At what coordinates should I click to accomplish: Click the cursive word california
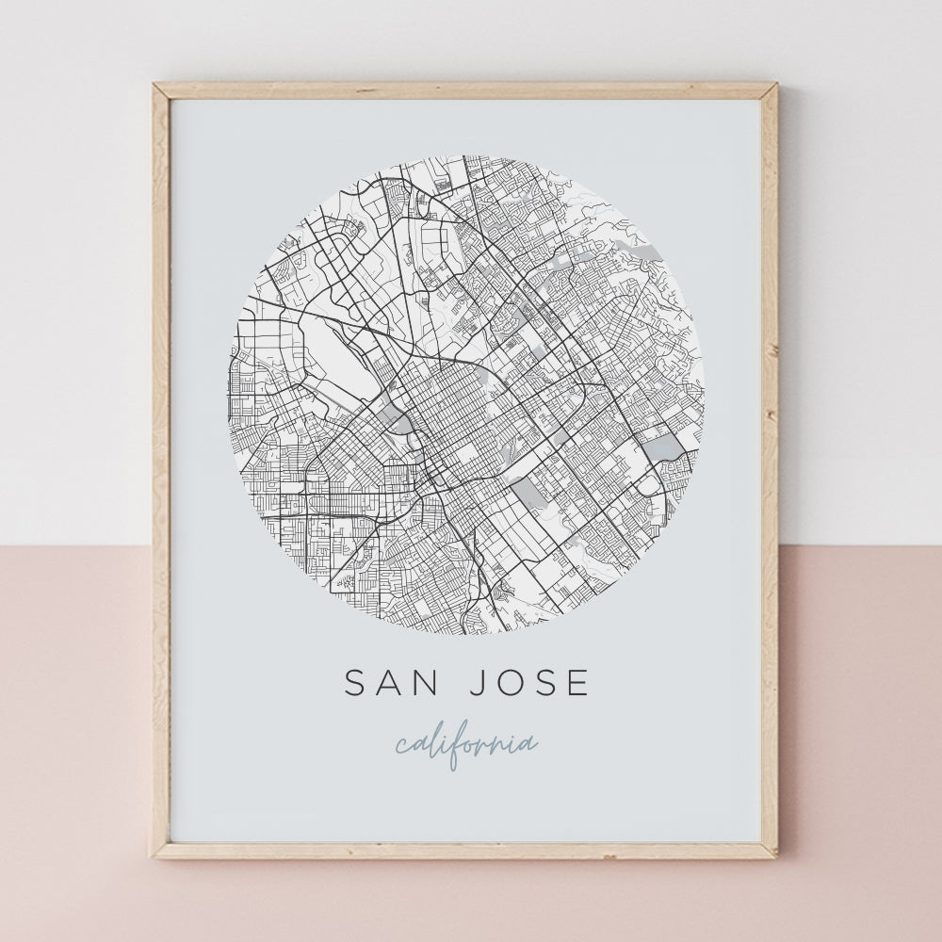point(467,744)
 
